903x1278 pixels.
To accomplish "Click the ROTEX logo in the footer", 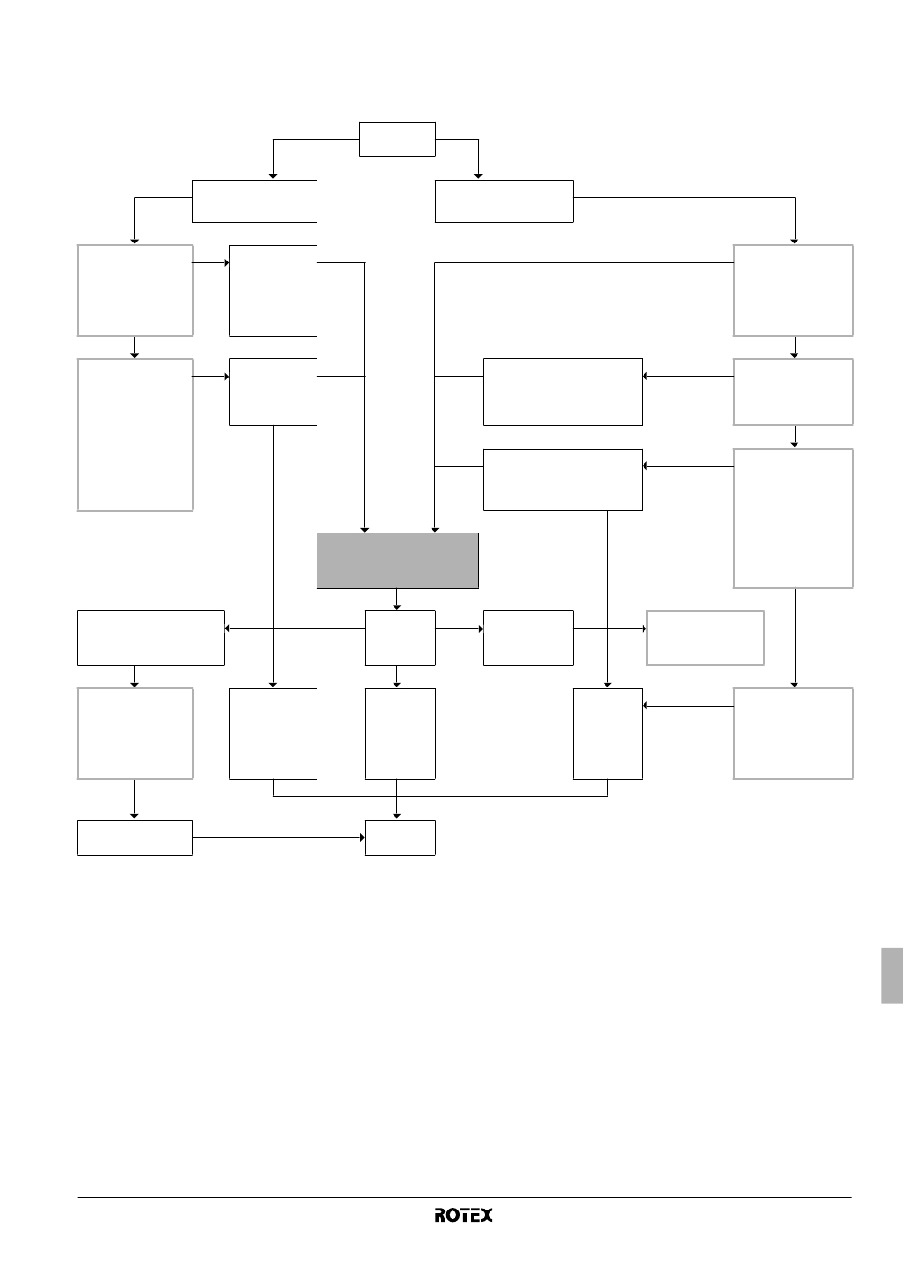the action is (464, 1215).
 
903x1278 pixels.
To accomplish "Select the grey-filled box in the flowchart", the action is (397, 560).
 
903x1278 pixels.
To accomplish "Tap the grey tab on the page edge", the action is (893, 976).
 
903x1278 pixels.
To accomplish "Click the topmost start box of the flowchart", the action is (397, 139).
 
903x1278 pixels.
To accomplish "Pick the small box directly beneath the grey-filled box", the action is (400, 638).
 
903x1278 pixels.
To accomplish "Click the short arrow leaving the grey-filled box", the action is (397, 599).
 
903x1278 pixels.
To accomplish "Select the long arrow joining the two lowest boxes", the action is (279, 838).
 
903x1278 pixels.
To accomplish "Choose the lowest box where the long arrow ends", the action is (400, 838).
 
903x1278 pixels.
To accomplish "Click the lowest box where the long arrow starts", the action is (135, 838).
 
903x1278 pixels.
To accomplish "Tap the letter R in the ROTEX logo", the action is (441, 1215).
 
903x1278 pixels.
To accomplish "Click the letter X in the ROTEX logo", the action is (487, 1215).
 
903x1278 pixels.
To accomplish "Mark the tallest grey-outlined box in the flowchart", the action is (135, 435).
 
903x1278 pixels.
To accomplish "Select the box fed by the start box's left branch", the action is (255, 201).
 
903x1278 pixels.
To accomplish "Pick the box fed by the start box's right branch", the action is (505, 201).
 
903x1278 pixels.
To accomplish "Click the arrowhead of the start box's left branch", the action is (273, 176).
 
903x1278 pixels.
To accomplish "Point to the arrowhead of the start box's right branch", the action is (479, 176).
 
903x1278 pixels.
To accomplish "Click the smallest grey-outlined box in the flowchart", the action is (705, 638).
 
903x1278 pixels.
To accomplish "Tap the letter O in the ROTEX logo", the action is (453, 1215).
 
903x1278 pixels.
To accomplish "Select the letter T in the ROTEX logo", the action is (465, 1215).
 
